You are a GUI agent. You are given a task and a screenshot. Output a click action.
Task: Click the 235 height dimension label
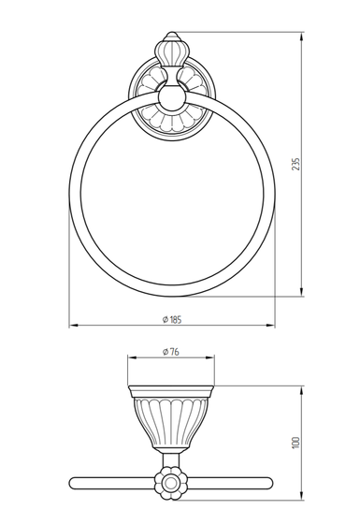(x=296, y=164)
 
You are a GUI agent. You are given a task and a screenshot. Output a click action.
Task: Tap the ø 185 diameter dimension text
(x=172, y=319)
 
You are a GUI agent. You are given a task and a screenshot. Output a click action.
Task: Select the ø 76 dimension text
(x=170, y=352)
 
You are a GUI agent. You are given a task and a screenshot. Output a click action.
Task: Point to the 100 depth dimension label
(x=296, y=443)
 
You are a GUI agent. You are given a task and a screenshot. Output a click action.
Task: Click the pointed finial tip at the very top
(x=171, y=33)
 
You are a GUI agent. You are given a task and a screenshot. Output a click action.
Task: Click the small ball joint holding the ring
(x=171, y=98)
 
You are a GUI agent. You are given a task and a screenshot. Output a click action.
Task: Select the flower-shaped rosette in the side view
(x=170, y=483)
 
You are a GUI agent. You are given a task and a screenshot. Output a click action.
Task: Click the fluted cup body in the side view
(x=171, y=422)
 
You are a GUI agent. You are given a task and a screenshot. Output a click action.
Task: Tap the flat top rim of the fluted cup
(x=171, y=391)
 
